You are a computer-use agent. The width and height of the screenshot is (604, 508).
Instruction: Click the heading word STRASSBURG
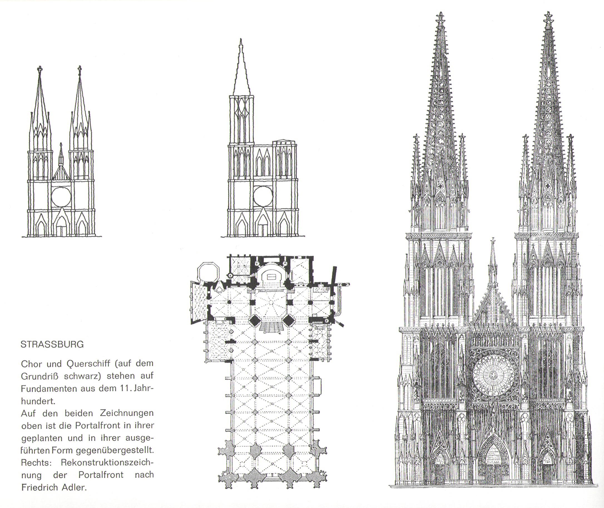[x=52, y=345]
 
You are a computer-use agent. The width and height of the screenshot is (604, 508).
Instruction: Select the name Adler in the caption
[x=74, y=487]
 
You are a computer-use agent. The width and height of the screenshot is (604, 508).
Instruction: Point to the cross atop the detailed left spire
[x=440, y=18]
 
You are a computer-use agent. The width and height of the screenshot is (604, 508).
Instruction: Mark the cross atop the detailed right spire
[x=548, y=18]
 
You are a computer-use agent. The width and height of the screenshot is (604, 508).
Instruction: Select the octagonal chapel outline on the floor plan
[x=208, y=272]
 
